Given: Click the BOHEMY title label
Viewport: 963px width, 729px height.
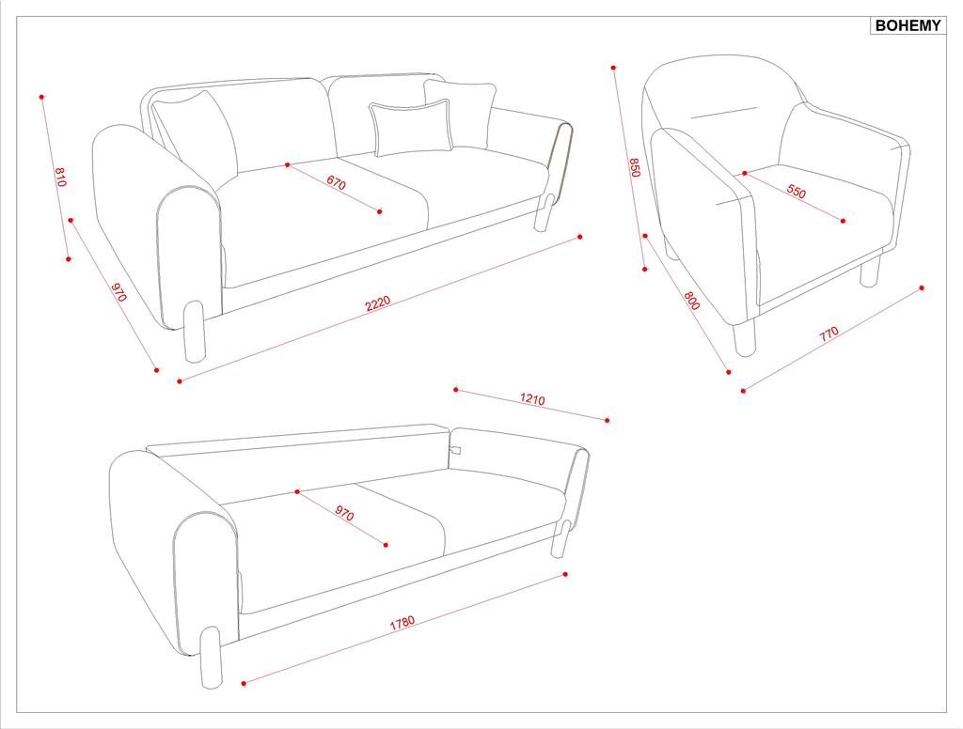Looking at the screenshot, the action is [x=908, y=25].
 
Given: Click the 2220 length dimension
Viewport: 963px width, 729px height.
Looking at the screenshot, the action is [x=378, y=303].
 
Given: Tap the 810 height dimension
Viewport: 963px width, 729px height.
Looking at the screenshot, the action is [x=60, y=177].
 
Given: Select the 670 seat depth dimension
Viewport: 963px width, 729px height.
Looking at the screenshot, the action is [x=336, y=182].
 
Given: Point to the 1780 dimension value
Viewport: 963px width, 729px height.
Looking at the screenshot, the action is [x=403, y=623].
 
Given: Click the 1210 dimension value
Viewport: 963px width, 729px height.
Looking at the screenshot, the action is [x=532, y=399].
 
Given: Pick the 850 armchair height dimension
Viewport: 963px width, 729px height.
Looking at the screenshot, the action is [x=635, y=167].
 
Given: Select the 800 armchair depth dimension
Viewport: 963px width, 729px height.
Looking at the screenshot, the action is [x=691, y=300].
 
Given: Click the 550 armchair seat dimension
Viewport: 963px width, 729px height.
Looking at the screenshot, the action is [x=796, y=192].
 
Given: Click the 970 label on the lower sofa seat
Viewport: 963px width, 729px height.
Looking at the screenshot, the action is [x=344, y=513].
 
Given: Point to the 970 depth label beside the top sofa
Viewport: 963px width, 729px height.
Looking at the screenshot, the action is [x=118, y=292].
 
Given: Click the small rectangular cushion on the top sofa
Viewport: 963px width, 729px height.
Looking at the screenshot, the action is [x=410, y=129].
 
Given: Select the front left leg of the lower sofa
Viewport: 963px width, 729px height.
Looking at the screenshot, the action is [x=212, y=658].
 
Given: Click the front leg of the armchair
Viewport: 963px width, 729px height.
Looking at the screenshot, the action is [x=745, y=337].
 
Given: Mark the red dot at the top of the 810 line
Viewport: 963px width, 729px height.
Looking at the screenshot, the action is [x=41, y=97].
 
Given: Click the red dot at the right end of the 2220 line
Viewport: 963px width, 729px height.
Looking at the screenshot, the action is [x=580, y=236].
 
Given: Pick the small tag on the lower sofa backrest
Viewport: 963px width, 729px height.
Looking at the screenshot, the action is [x=455, y=450].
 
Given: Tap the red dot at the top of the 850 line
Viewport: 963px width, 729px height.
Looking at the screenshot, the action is [x=613, y=68].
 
